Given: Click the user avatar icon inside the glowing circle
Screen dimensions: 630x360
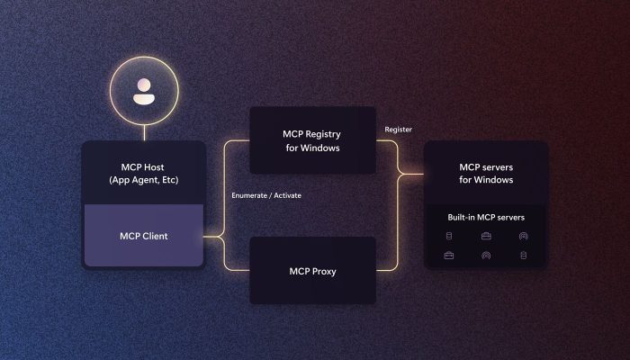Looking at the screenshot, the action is (144, 92).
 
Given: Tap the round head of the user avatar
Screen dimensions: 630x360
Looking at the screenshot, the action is (144, 85).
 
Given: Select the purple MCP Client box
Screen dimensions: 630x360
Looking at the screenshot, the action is (144, 235).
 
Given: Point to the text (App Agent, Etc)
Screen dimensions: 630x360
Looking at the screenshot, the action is (144, 180).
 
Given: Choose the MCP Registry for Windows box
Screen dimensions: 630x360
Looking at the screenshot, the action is (312, 140).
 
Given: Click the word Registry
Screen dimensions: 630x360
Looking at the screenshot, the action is (322, 135).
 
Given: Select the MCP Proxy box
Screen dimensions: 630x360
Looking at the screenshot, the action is (312, 270).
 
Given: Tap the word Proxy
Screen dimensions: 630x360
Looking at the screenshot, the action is (324, 272).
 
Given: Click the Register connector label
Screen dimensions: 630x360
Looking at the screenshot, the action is (398, 130).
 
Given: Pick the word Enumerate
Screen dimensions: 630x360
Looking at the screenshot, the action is (249, 195).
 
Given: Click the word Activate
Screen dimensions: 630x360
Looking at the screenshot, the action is (287, 195).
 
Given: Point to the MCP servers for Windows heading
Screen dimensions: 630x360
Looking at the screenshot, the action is (486, 173).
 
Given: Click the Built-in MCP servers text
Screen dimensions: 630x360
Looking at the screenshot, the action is (486, 218).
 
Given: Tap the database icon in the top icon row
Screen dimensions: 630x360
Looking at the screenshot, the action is (449, 236).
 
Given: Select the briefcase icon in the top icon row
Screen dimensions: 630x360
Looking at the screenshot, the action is (486, 236).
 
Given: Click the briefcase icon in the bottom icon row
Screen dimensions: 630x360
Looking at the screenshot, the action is (449, 255).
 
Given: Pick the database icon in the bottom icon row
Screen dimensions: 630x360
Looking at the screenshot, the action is (523, 255).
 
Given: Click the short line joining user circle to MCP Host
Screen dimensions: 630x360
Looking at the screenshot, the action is (144, 132).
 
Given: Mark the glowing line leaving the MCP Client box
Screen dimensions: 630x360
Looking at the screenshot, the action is (213, 237).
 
